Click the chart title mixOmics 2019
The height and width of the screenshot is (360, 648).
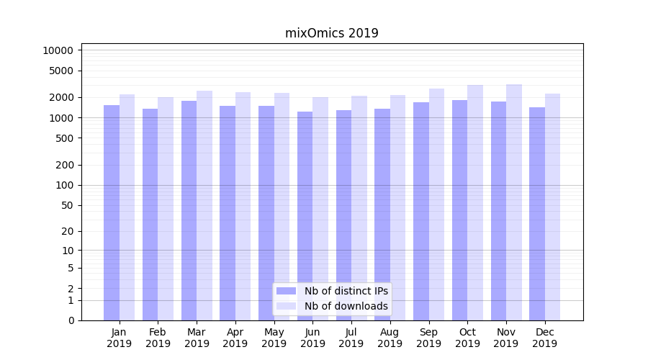point(332,33)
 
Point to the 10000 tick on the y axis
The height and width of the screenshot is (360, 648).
point(58,50)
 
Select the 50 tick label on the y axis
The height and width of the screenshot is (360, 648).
point(66,205)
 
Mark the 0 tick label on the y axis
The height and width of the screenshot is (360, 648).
point(71,320)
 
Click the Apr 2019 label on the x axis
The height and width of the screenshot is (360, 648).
point(235,338)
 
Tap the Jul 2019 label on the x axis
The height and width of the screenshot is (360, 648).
point(351,338)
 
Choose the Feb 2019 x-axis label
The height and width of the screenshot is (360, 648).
point(158,338)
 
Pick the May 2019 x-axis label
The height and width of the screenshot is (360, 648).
point(274,338)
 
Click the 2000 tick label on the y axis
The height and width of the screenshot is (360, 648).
point(60,97)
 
